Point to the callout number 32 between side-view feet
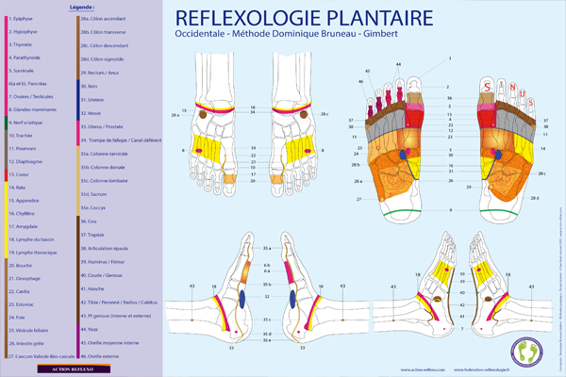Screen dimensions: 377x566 pos(267,295)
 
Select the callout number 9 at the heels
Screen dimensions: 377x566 pos(451,209)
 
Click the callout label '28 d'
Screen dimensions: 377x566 pos(535,197)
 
